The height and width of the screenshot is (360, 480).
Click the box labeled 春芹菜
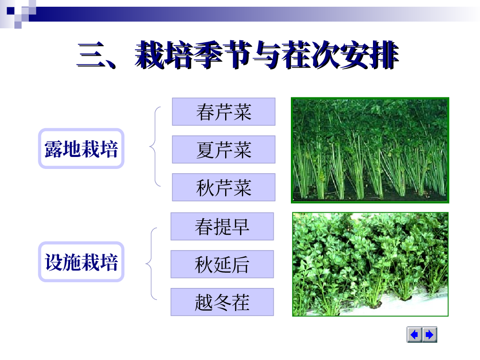pos(224,112)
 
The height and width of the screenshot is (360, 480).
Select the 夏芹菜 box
pos(224,149)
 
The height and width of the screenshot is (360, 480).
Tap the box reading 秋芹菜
pos(224,187)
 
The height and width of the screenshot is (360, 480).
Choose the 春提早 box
pos(222,227)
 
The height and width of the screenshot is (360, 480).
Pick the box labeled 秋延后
pos(222,264)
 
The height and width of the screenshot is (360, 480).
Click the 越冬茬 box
pos(222,302)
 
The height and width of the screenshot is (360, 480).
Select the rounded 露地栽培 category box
pos(81,148)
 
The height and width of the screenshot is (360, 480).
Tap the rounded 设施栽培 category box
pos(81,262)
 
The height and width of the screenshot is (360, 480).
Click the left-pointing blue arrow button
pos(415,335)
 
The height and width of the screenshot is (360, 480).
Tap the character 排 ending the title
pos(384,55)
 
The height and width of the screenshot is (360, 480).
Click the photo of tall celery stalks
pos(370,150)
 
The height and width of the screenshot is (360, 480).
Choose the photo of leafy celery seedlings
pos(370,264)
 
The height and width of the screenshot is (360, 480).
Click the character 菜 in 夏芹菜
pos(242,150)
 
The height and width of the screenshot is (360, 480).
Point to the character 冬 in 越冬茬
pos(222,302)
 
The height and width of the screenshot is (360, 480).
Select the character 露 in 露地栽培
pos(54,149)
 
